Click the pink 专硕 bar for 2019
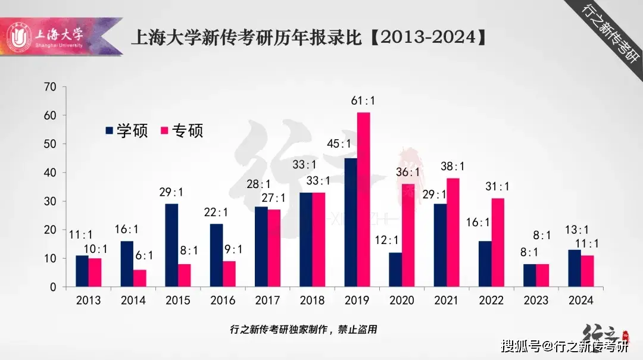[x=363, y=199]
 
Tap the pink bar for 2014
[x=139, y=278]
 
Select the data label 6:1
[x=143, y=255]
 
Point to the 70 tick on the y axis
[x=50, y=87]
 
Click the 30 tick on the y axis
[x=50, y=201]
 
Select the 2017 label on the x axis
[x=267, y=300]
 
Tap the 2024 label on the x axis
[x=580, y=300]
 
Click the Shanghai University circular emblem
[x=20, y=37]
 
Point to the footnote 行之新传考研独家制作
[x=303, y=329]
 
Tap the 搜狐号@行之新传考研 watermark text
[x=564, y=346]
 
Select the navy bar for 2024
[x=574, y=268]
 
